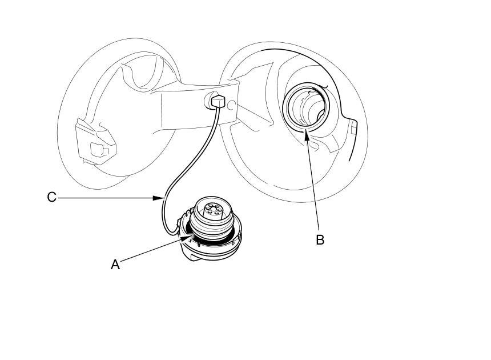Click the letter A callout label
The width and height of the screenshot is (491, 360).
pos(115,265)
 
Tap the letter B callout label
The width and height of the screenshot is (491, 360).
pos(320,240)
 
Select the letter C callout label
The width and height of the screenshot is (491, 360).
pos(51,197)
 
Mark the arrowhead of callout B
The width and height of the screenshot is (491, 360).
pos(307,133)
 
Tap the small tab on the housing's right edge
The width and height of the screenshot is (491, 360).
pos(353,128)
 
